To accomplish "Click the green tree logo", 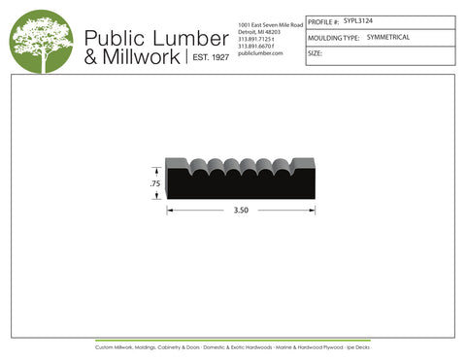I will click(41, 42).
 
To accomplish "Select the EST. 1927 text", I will click(207, 58).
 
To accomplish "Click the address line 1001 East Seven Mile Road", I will click(269, 23).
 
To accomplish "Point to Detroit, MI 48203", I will click(257, 31).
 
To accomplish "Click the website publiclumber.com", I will click(259, 53).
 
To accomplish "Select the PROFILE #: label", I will click(323, 20).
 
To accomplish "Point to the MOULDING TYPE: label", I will click(333, 37).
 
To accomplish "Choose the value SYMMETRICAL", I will click(388, 37).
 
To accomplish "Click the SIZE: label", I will click(315, 54).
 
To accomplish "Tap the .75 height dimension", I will click(153, 182).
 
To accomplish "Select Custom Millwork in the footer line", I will click(116, 345).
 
